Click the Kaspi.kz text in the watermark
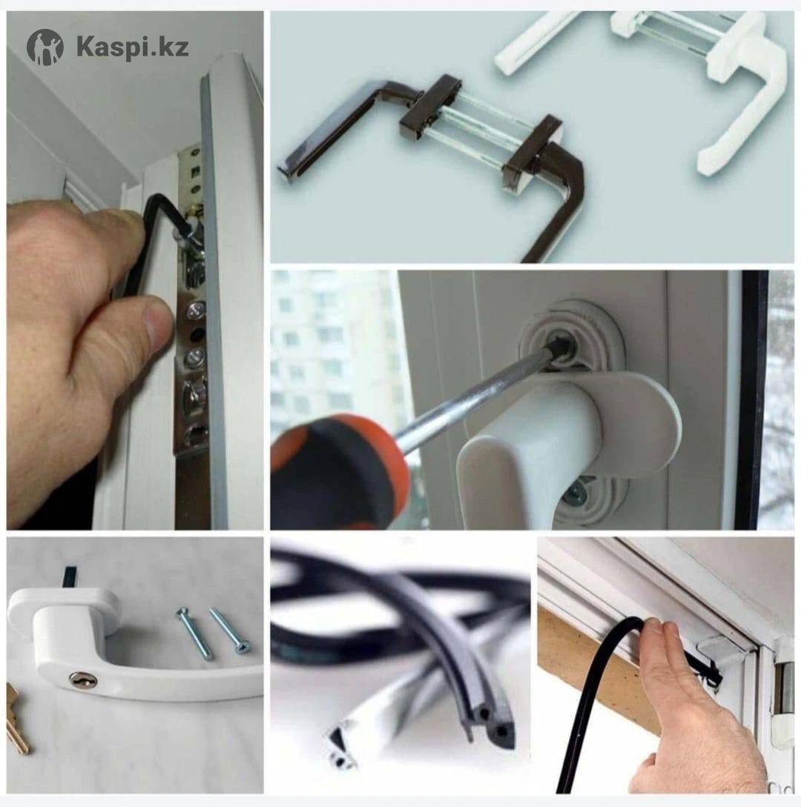[x=132, y=47]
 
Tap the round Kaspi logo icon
[x=44, y=47]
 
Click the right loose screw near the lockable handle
[x=230, y=630]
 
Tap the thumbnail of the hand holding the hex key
[x=135, y=270]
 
